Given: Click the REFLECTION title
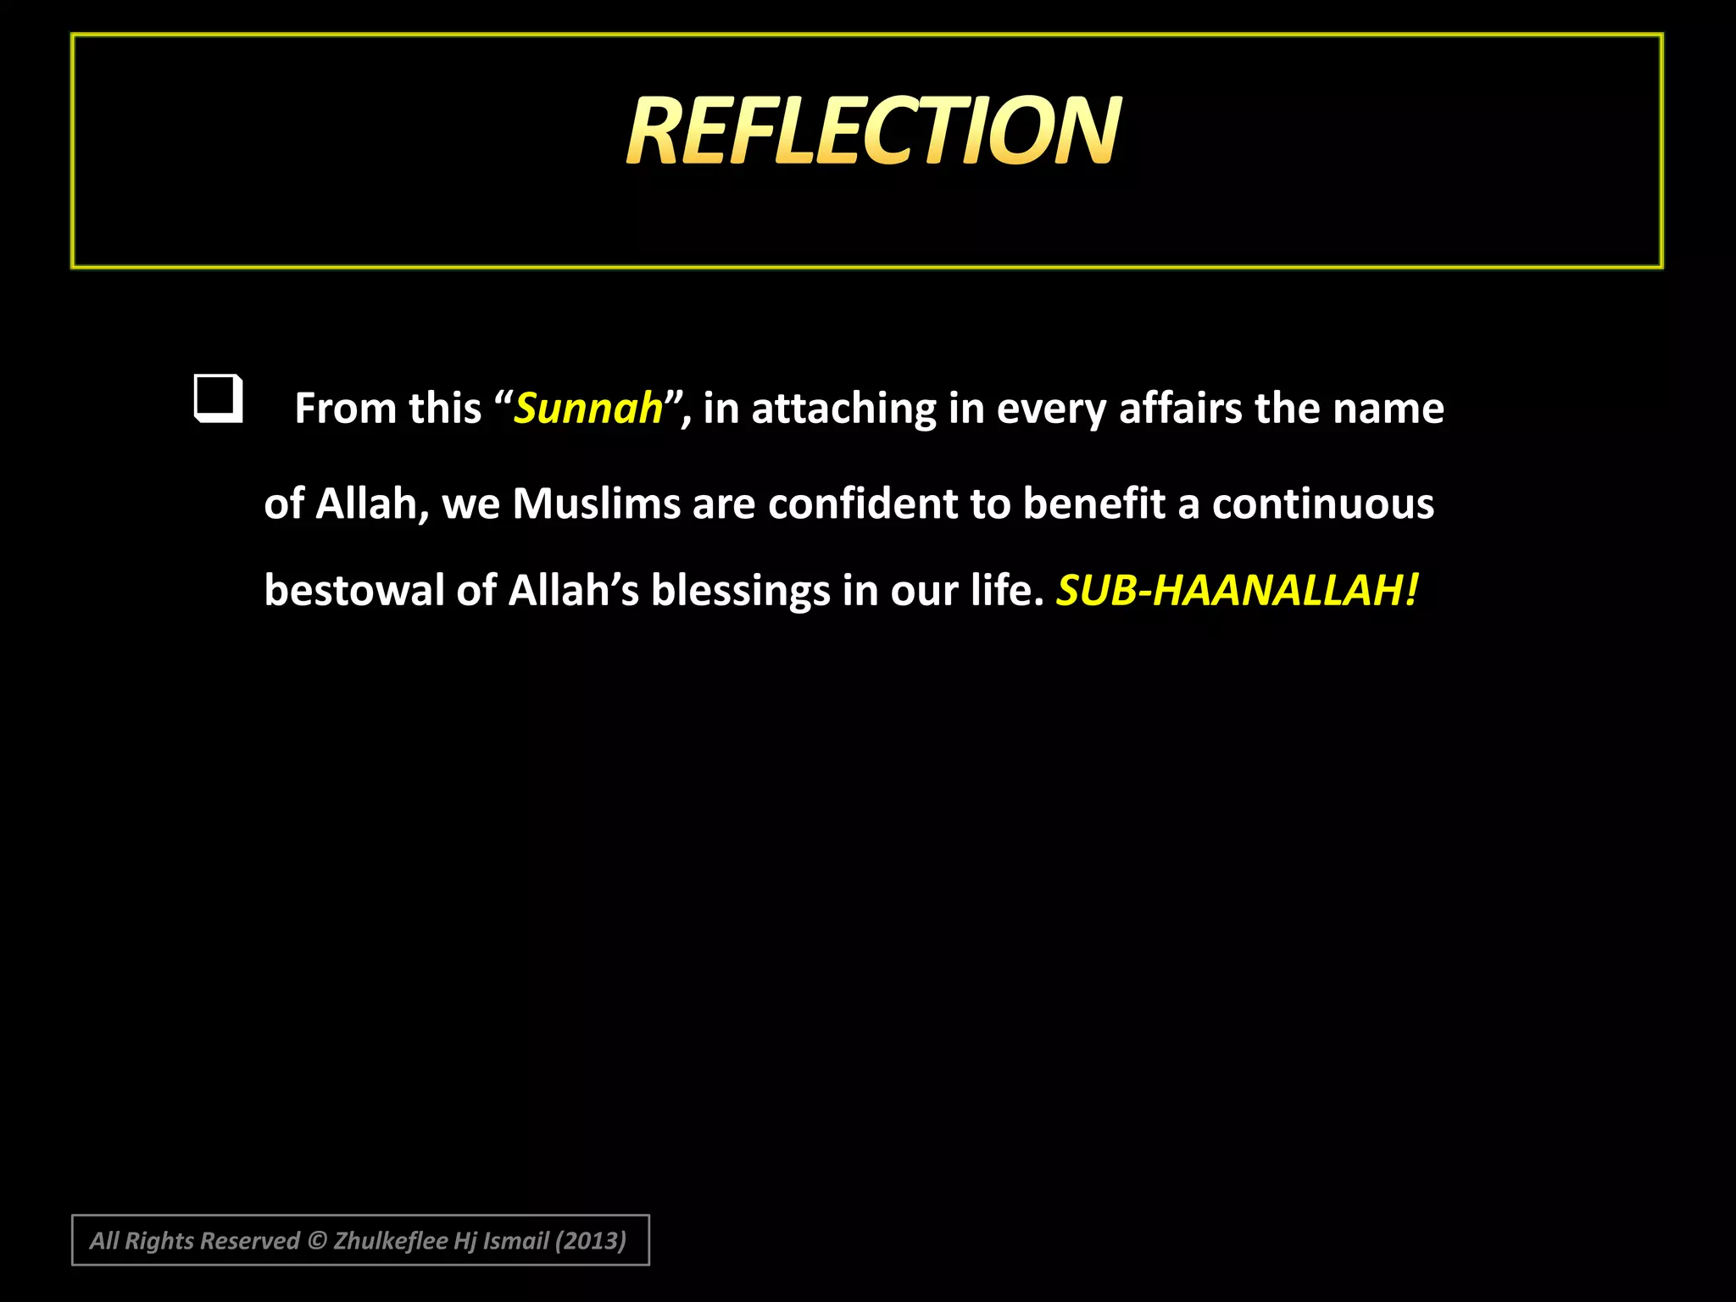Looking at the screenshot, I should tap(873, 131).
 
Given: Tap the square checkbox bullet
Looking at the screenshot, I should tap(218, 398).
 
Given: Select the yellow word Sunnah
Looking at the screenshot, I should tap(588, 409).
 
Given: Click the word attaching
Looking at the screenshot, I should tap(843, 409).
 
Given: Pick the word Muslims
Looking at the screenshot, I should tap(596, 504).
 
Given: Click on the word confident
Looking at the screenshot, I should tap(863, 504).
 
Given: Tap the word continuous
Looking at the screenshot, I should tap(1322, 504).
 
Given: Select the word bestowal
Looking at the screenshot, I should tap(353, 590).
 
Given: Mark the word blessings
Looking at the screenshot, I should tap(740, 590).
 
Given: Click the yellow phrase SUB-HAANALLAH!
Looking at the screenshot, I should tap(1236, 590).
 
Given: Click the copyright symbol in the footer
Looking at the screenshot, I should tap(316, 1241).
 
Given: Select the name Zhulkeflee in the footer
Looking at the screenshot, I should tap(390, 1241).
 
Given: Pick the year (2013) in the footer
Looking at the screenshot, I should tap(590, 1241).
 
